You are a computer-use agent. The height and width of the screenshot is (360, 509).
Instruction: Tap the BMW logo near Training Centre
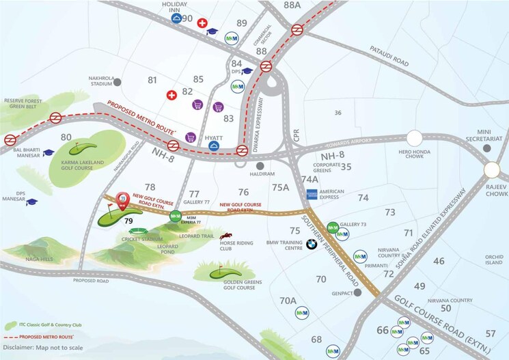pos(312,244)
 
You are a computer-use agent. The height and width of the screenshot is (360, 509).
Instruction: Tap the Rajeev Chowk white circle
pos(492,169)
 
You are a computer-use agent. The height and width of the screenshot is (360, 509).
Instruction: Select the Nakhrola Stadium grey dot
pos(118,82)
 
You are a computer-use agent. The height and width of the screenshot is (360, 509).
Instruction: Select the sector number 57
pos(490,333)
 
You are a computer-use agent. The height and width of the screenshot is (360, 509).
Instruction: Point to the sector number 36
pos(338,112)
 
